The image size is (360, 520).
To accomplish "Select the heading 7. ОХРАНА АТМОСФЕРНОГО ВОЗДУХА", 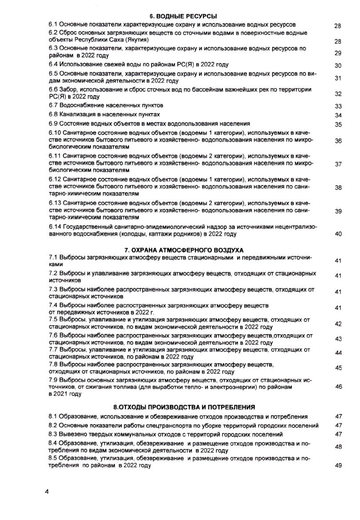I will click(x=184, y=250).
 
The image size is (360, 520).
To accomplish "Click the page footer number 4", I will click(x=47, y=492).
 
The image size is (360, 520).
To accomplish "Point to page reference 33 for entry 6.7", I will click(x=338, y=106).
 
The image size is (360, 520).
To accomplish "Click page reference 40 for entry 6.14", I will click(x=338, y=234).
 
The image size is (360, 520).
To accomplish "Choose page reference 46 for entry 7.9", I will click(x=338, y=387).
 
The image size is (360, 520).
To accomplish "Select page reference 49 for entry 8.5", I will click(x=338, y=466).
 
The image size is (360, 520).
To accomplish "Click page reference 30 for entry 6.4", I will click(x=338, y=66).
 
